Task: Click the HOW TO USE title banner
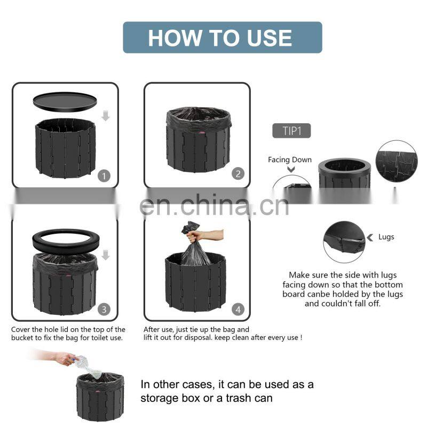click(x=223, y=37)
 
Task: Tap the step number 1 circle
click(x=104, y=176)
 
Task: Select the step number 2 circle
click(x=238, y=174)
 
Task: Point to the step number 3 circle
click(x=104, y=310)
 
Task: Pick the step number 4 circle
click(x=238, y=310)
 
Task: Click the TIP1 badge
click(x=291, y=131)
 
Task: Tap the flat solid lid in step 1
click(x=65, y=101)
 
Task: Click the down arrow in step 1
click(x=105, y=116)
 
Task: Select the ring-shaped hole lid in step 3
click(x=66, y=241)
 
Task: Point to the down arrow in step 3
click(x=105, y=255)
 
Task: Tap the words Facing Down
click(x=290, y=160)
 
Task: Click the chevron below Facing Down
click(x=291, y=169)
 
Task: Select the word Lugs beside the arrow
click(x=386, y=237)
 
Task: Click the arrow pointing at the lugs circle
click(x=370, y=238)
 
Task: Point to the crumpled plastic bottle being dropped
click(x=88, y=366)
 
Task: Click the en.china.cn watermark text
click(x=214, y=205)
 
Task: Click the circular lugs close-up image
click(x=344, y=242)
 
